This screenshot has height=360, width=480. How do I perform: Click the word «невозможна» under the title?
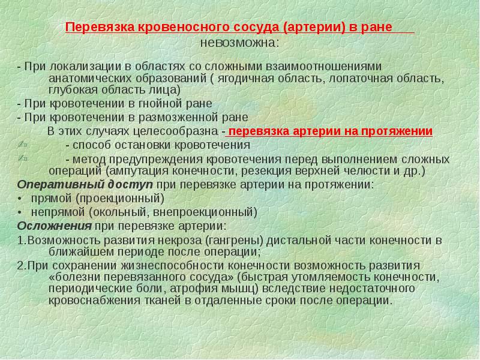coord(238,43)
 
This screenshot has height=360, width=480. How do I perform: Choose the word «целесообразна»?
coord(179,132)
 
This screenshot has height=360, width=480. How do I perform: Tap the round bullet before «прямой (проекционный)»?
coord(20,198)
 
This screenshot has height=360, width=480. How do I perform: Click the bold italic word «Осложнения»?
coord(54,226)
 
